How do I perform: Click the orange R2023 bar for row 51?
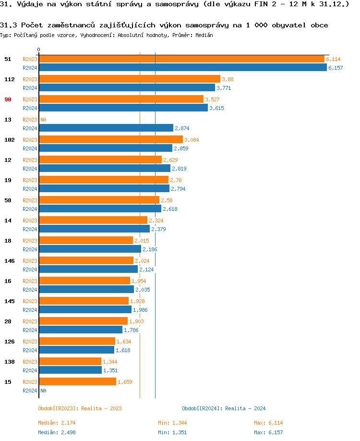tap(181, 59)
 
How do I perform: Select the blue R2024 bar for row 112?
tap(127, 87)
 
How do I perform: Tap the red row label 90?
tap(8, 99)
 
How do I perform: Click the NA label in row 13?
tap(43, 120)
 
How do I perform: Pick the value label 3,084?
tap(192, 140)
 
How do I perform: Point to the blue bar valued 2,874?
tap(106, 128)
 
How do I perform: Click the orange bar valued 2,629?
tap(100, 160)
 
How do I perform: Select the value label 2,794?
tap(178, 189)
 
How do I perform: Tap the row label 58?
tap(8, 200)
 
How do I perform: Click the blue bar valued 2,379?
tap(95, 229)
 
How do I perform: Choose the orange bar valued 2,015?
tap(86, 241)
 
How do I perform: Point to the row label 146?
tap(9, 261)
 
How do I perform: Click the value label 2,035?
tap(143, 290)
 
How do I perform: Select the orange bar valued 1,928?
tap(84, 301)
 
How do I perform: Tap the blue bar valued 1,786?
tap(81, 330)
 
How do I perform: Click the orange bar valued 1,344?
tap(70, 362)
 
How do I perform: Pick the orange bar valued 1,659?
tap(77, 382)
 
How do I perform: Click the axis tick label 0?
tap(39, 49)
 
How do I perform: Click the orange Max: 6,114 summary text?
tap(268, 423)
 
